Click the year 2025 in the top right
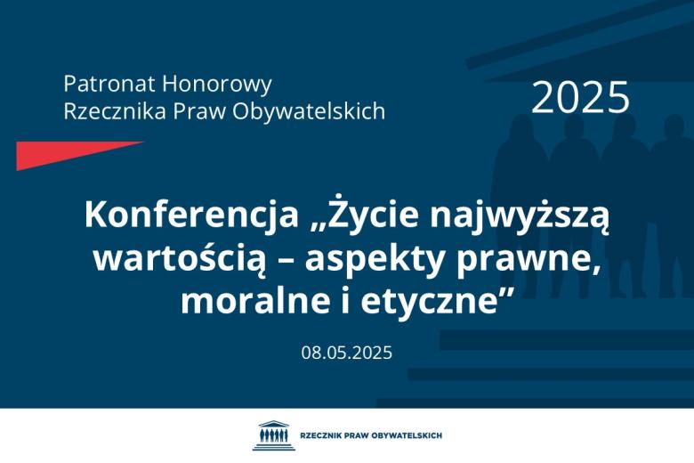pyautogui.click(x=580, y=98)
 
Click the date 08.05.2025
pyautogui.click(x=346, y=352)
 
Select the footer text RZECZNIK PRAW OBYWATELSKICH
pyautogui.click(x=371, y=435)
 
